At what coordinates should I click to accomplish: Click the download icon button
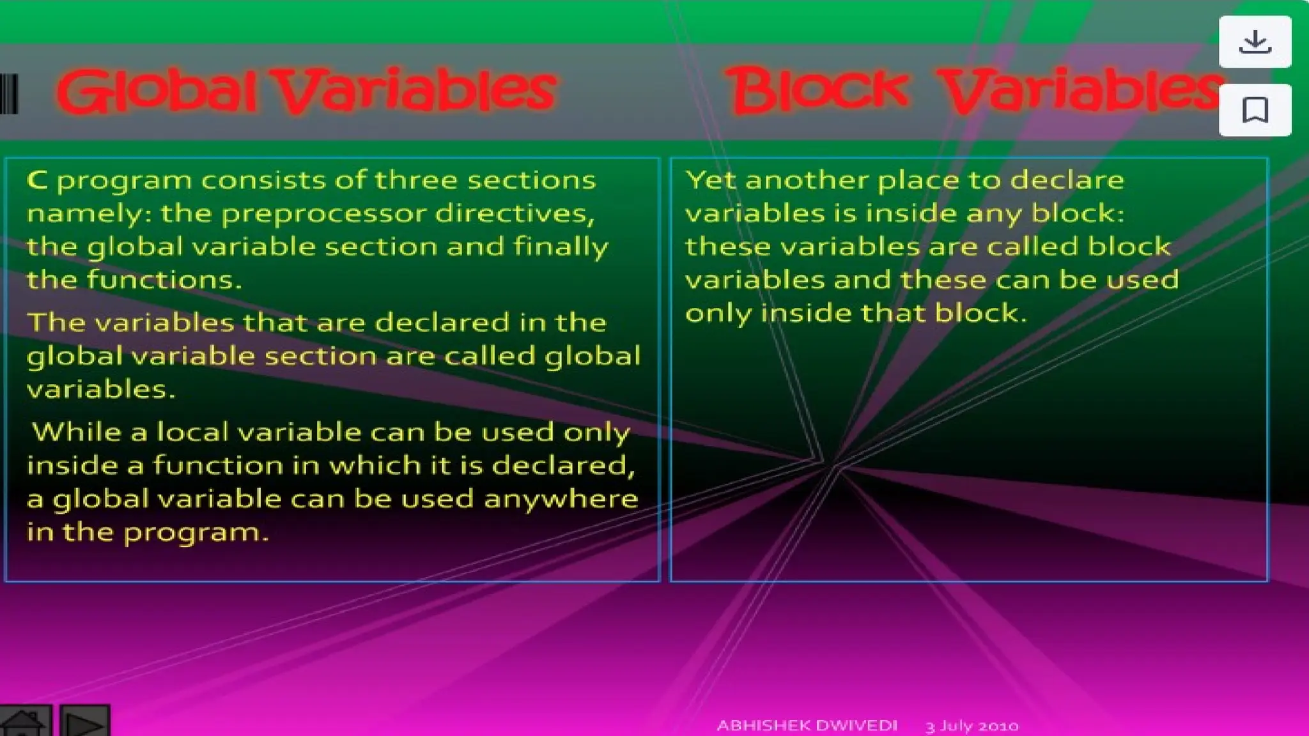pyautogui.click(x=1255, y=42)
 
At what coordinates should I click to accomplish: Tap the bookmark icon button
pyautogui.click(x=1255, y=110)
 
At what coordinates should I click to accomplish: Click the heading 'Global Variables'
pyautogui.click(x=307, y=91)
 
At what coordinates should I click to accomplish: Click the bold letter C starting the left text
pyautogui.click(x=37, y=180)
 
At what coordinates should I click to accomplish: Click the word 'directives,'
pyautogui.click(x=515, y=213)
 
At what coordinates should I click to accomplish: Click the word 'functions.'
pyautogui.click(x=164, y=280)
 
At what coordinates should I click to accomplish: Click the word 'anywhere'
pyautogui.click(x=561, y=498)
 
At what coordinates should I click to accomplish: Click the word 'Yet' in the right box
pyautogui.click(x=710, y=180)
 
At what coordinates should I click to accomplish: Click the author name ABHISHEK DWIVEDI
pyautogui.click(x=807, y=726)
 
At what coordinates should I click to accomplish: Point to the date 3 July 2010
pyautogui.click(x=972, y=726)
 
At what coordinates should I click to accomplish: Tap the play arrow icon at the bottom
pyautogui.click(x=85, y=723)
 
